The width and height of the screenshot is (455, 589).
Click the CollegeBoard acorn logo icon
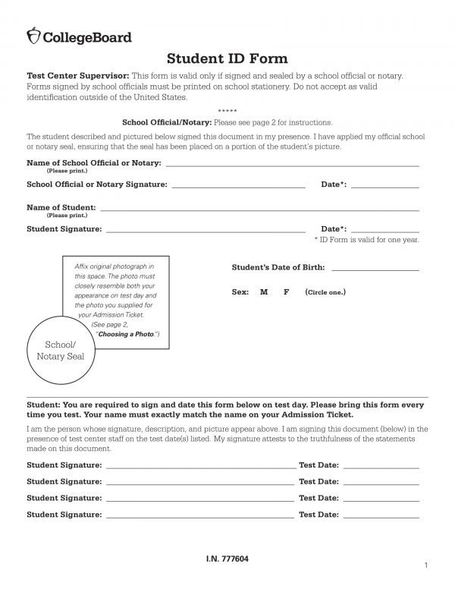[33, 36]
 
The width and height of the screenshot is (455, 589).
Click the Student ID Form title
[227, 59]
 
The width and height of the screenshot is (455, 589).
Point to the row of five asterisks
[227, 112]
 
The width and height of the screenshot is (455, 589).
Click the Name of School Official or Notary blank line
[292, 164]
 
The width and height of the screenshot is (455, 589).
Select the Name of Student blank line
[259, 208]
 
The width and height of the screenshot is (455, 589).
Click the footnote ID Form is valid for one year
[366, 240]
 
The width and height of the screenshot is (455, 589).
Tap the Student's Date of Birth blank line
[375, 269]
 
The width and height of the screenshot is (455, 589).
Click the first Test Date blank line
[381, 465]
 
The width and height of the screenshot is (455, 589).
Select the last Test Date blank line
[381, 515]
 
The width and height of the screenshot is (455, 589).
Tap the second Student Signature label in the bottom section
[64, 482]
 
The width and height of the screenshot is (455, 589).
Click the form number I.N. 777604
[227, 559]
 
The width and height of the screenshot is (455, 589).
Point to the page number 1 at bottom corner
[428, 566]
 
